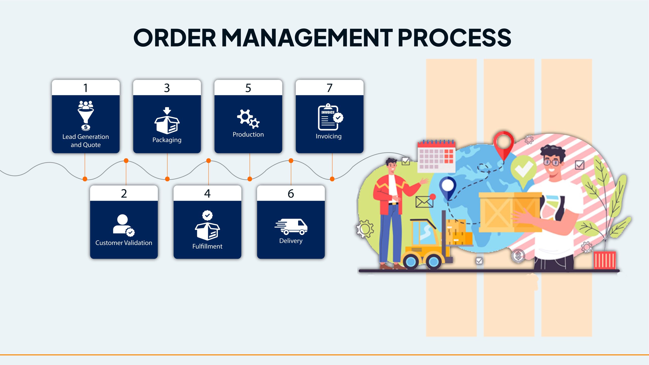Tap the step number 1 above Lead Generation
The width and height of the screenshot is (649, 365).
(86, 88)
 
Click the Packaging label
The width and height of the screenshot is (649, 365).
(167, 140)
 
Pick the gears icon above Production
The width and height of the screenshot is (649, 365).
(248, 119)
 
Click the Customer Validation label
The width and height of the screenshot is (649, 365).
(124, 243)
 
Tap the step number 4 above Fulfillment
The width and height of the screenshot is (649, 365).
(207, 194)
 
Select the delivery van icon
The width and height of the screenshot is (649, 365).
(291, 226)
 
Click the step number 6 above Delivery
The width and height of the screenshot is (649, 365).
(291, 194)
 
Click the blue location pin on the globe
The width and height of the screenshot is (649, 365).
(448, 188)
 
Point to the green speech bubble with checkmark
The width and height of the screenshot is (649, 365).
(523, 169)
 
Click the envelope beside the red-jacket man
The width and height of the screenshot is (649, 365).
(424, 202)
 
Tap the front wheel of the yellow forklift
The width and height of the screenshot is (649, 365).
(411, 262)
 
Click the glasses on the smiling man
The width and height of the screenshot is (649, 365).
(552, 162)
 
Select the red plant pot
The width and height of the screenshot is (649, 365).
(605, 260)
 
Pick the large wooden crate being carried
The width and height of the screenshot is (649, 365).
(510, 212)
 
